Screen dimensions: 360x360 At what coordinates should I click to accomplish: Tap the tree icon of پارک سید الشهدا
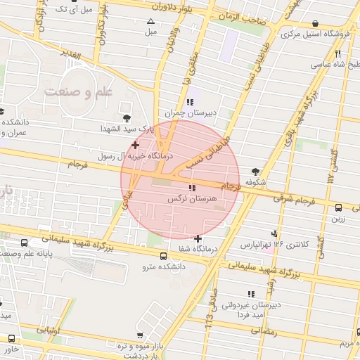(127, 117)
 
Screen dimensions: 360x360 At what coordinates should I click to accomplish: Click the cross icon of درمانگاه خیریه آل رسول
(136, 145)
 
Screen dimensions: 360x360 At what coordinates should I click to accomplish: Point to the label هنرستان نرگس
(191, 200)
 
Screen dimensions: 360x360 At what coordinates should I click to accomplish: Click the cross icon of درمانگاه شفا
(198, 238)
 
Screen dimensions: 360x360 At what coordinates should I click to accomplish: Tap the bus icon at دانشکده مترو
(164, 256)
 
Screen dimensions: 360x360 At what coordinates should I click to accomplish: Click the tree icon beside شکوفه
(255, 171)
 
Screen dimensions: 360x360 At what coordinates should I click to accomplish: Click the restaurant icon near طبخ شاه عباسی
(338, 53)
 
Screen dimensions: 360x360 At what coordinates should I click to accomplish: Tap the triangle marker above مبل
(151, 22)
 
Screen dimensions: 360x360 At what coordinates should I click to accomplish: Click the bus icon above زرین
(338, 207)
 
